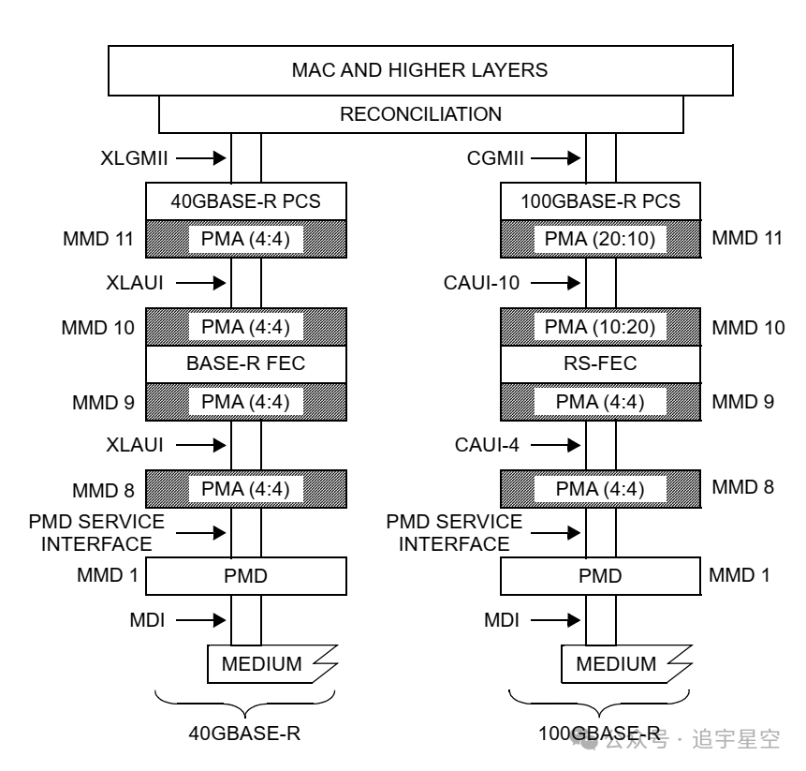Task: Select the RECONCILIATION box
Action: (x=420, y=115)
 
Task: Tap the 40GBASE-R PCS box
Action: (x=246, y=201)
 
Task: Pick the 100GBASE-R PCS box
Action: (x=600, y=201)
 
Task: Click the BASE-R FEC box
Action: (x=246, y=363)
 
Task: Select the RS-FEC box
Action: (x=600, y=363)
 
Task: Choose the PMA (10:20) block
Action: (x=600, y=327)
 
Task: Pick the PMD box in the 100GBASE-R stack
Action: (x=600, y=574)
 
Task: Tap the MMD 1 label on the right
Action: (x=740, y=574)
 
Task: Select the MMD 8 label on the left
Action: (x=103, y=488)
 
